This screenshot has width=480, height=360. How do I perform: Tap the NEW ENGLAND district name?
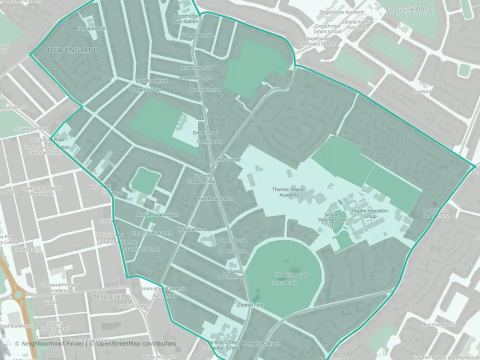73,50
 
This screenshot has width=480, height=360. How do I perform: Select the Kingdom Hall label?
91,29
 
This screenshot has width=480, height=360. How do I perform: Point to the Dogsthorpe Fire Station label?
186,19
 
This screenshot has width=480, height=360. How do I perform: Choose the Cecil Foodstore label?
151,80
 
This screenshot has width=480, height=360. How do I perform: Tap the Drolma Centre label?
204,89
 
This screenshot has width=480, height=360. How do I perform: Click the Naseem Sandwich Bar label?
205,178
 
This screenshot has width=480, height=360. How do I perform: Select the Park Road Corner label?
215,199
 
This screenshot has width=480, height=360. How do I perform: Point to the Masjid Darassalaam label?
157,214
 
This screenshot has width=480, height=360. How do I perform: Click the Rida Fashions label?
192,229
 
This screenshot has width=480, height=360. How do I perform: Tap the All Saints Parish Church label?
235,274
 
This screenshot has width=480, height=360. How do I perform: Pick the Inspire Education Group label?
369,213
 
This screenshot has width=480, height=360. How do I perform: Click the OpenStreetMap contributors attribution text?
136,343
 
